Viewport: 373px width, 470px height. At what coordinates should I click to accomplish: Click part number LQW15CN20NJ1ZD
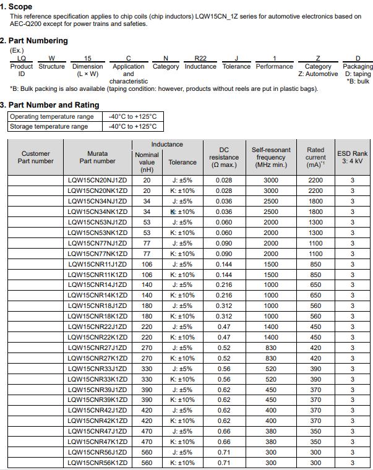[x=97, y=181]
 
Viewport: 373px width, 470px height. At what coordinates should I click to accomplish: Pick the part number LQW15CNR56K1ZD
[x=97, y=463]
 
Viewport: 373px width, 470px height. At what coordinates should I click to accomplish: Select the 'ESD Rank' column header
[x=352, y=157]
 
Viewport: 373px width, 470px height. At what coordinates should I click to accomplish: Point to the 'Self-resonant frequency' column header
[x=271, y=157]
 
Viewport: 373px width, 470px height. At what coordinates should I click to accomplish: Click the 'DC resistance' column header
[x=224, y=157]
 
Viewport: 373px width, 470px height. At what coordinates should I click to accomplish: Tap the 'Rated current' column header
[x=315, y=157]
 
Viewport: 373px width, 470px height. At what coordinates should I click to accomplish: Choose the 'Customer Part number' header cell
[x=36, y=157]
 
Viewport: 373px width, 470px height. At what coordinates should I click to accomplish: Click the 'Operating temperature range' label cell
[x=52, y=116]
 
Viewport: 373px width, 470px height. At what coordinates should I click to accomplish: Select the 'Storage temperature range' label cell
[x=49, y=126]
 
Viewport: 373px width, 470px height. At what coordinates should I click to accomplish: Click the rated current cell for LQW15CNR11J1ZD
[x=315, y=264]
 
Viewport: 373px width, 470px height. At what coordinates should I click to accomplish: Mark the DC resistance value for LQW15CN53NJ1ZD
[x=224, y=222]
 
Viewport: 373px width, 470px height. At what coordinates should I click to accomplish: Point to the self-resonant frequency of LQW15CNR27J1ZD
[x=271, y=348]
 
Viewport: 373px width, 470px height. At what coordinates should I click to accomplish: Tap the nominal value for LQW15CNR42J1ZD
[x=147, y=411]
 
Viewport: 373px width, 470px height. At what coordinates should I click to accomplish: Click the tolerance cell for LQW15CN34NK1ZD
[x=182, y=211]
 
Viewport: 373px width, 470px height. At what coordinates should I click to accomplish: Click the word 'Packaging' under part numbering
[x=358, y=66]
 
